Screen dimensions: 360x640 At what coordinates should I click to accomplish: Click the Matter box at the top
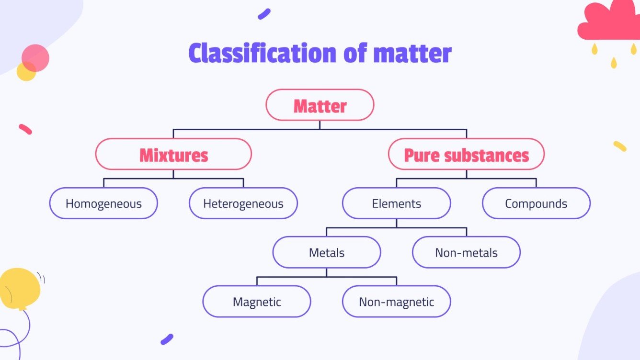coord(320,105)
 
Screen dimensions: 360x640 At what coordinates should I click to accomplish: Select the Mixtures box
coord(173,154)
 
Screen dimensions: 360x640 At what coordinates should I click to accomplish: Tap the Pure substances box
coord(466,154)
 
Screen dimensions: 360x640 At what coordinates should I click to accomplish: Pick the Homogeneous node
coord(103,203)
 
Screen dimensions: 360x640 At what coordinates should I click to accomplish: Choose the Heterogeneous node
coord(243,203)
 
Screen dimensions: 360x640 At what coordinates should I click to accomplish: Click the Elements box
coord(396,203)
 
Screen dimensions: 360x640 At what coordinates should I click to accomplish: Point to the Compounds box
coord(536,203)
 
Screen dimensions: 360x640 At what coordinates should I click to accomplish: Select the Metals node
coord(327,252)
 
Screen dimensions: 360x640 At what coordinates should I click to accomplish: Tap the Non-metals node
coord(466,252)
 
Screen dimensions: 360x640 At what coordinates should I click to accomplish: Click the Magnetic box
coord(257,302)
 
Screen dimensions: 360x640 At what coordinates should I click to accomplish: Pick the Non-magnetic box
coord(396,302)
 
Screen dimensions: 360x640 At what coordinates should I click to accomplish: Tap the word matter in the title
coord(412,54)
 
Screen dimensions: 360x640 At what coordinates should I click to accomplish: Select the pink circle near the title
coord(35,57)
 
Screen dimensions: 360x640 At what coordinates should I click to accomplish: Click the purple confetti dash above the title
coord(264,14)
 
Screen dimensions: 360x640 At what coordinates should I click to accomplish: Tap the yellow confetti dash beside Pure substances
coord(619,146)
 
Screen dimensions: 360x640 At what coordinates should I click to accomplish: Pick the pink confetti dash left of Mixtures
coord(25,129)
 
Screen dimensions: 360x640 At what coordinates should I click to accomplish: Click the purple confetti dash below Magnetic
coord(167,339)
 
